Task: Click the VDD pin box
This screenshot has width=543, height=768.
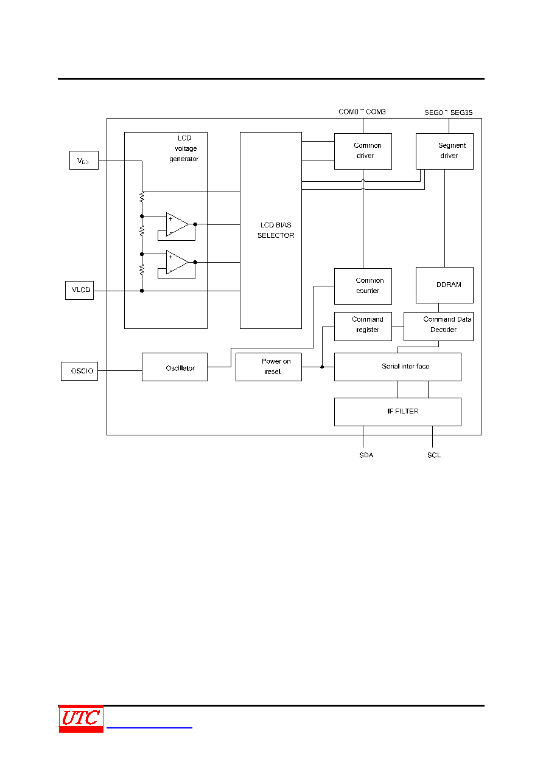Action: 84,160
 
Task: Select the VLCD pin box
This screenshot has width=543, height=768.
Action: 79,290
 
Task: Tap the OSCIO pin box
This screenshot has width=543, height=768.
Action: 79,371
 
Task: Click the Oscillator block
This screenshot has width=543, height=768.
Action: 174,367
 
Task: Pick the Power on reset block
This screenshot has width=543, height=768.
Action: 268,367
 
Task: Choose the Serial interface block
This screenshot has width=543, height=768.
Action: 398,367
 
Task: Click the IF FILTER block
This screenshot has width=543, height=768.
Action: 398,412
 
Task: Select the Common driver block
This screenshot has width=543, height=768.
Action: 363,151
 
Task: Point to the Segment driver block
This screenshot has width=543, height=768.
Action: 444,151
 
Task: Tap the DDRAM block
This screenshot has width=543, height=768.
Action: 444,285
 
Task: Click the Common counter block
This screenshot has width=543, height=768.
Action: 363,286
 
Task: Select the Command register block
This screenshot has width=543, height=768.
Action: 363,327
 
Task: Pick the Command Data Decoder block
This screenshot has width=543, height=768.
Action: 438,327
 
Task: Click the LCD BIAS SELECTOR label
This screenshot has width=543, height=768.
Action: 276,230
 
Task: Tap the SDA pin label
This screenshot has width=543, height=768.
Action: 366,455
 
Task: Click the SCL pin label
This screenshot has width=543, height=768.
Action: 434,455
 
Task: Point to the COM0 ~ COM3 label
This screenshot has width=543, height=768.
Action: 362,112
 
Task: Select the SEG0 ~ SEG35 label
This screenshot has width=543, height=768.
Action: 448,112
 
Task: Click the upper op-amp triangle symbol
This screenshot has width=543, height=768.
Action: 177,224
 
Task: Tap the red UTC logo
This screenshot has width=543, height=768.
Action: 81,718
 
